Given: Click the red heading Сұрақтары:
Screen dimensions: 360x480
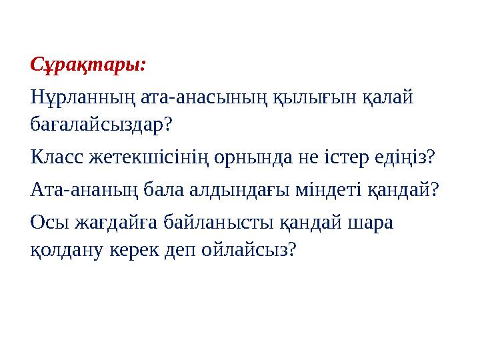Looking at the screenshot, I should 88,66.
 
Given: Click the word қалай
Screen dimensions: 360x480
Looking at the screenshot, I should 389,99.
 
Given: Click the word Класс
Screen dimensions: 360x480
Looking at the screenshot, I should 57,158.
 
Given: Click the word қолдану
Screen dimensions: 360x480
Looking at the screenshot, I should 65,250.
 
